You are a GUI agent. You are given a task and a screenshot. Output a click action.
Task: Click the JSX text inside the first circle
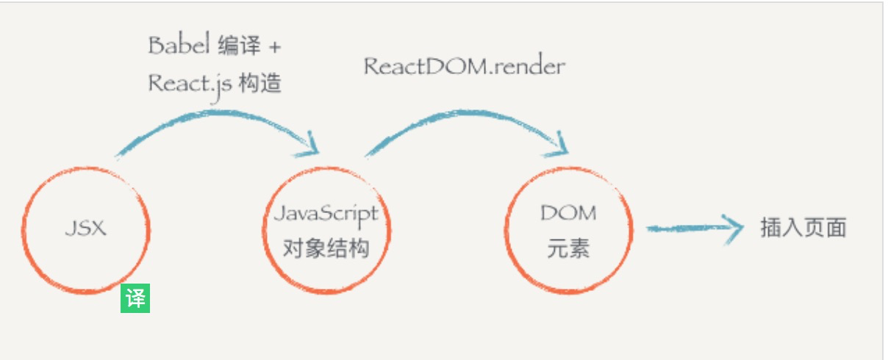[x=85, y=228]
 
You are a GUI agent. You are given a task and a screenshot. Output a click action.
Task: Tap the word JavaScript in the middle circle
[x=326, y=214]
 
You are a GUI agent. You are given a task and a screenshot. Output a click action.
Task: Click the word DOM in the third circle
[x=568, y=214]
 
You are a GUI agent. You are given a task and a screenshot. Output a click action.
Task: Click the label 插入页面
[x=803, y=228]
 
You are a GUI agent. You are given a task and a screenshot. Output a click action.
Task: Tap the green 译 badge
[x=135, y=298]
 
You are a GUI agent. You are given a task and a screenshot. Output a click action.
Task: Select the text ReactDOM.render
[x=464, y=66]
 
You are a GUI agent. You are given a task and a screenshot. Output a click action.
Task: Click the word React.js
[x=190, y=82]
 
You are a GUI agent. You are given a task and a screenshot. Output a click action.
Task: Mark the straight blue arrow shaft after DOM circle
[x=684, y=228]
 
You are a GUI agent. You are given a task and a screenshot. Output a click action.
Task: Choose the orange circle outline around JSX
[x=23, y=228]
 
